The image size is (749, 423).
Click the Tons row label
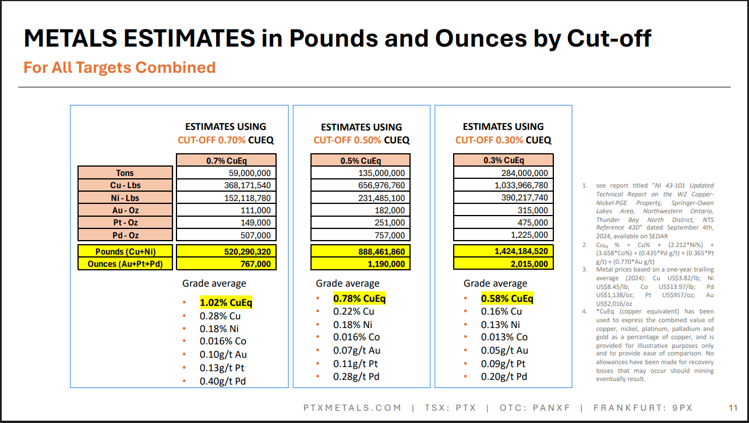125,173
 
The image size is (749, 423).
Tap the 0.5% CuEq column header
361,160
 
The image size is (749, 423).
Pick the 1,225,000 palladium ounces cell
503,235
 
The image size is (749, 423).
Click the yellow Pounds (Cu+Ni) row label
125,251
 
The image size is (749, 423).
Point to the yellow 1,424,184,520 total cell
503,251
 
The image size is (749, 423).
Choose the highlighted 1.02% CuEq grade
226,303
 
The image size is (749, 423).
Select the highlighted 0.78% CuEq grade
359,299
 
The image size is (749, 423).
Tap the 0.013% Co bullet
504,337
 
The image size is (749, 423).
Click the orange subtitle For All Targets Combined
119,68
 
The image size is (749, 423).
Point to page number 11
733,408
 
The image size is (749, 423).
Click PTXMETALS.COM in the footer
352,408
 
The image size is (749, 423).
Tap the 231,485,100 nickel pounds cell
361,198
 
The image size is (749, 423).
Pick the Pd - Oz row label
125,235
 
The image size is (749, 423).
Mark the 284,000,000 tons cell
503,173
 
